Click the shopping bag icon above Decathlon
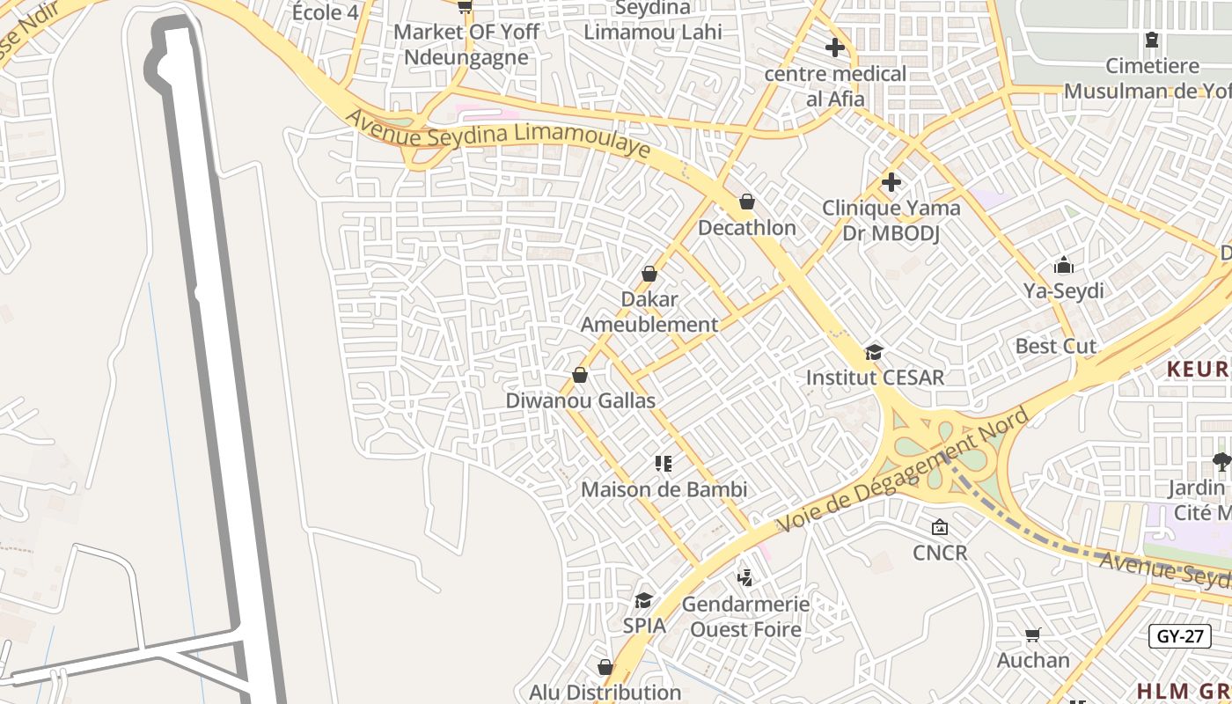[746, 202]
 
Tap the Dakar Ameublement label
[649, 312]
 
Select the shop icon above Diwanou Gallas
[580, 376]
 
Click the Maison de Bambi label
[664, 489]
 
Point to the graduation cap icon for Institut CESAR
[874, 352]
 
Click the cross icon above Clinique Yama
[891, 182]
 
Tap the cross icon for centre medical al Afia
[835, 48]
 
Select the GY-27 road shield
[1179, 636]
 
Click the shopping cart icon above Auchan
[1033, 634]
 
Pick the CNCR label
[940, 553]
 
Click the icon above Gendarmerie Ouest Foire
[745, 578]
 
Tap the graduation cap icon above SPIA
[644, 600]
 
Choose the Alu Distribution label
[605, 693]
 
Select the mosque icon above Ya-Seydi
[1063, 265]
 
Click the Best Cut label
[1055, 346]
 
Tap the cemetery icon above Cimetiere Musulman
[1151, 40]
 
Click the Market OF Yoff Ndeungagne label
[466, 45]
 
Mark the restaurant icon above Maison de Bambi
[664, 464]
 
